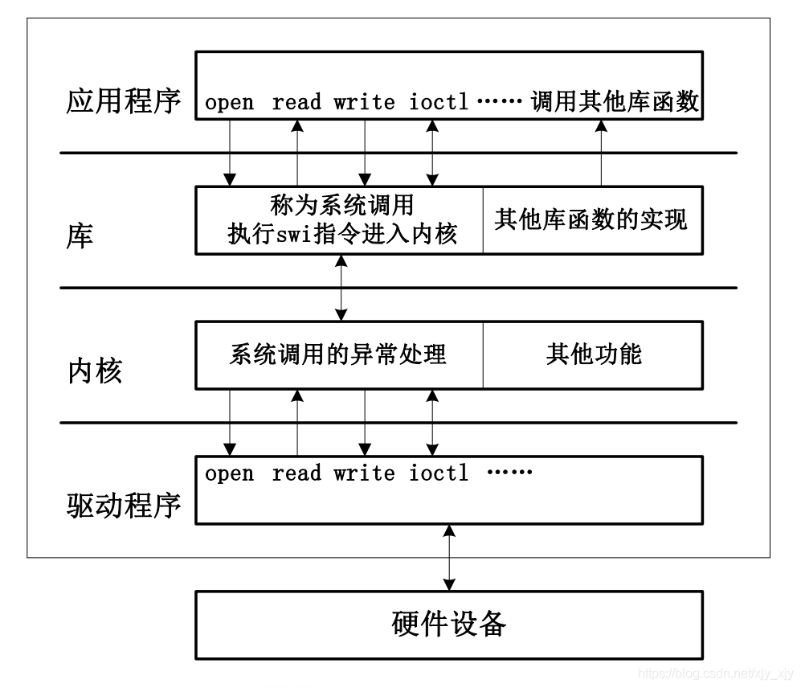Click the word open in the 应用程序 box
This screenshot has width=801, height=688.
pos(230,103)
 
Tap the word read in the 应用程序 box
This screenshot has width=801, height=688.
pos(296,103)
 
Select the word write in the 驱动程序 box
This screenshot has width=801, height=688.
pos(365,473)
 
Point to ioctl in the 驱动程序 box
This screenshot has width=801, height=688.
pos(439,473)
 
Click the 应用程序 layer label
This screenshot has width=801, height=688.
pos(123,102)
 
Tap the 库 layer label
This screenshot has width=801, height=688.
pos(80,235)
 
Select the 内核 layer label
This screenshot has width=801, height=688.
pos(94,371)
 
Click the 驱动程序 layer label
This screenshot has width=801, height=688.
pos(123,506)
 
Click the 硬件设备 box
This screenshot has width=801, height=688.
pos(449,624)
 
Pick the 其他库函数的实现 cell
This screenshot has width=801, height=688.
pos(591,219)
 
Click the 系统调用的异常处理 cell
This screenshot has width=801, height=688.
pos(338,354)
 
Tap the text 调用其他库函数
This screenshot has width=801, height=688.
pos(615,103)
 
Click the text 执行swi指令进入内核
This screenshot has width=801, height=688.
pos(342,235)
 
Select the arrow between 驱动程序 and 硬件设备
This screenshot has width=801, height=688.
pos(449,557)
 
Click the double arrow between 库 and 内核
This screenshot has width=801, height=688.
pos(343,287)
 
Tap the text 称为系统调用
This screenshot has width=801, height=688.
pos(342,206)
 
